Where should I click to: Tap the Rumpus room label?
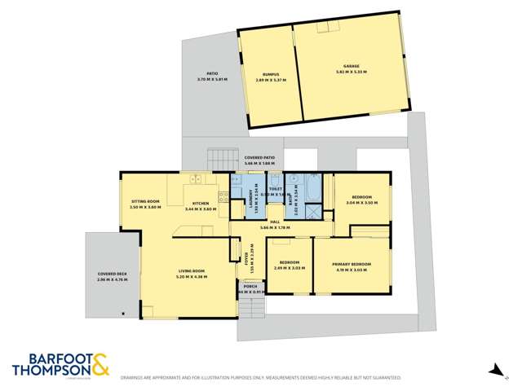click(260, 76)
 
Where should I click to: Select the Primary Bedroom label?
click(352, 265)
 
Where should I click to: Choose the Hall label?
click(276, 222)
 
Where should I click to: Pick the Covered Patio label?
click(259, 158)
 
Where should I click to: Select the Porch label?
click(250, 287)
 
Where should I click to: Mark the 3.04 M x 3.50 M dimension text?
click(362, 203)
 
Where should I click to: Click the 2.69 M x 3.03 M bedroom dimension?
click(289, 267)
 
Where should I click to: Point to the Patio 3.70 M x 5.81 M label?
click(212, 78)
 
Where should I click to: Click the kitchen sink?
click(197, 179)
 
